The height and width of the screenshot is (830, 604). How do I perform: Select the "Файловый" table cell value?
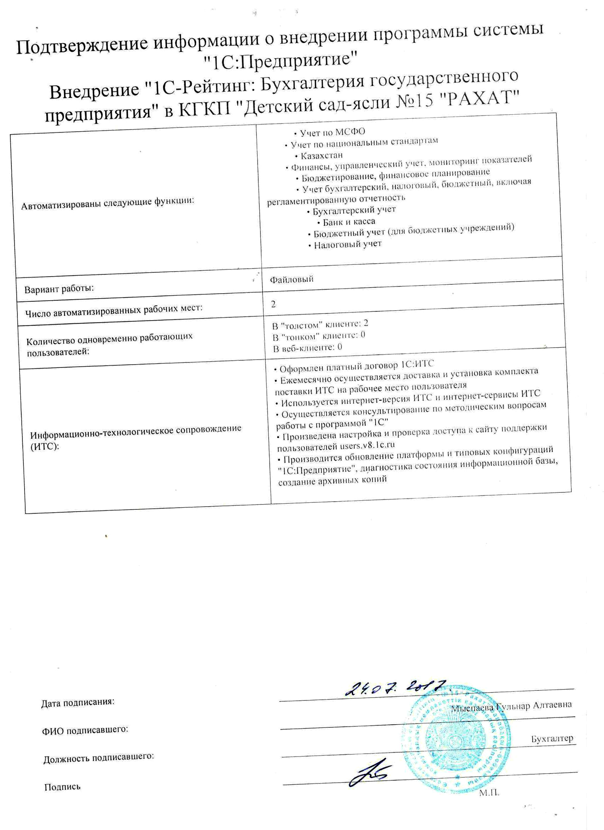[x=292, y=279]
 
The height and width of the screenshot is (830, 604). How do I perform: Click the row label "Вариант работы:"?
[x=59, y=288]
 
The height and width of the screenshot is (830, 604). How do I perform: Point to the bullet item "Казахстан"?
[x=321, y=155]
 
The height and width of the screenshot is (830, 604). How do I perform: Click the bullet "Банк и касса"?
[x=348, y=222]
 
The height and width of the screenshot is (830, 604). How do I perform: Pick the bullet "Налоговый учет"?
[x=347, y=244]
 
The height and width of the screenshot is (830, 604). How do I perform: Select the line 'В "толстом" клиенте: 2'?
[x=320, y=324]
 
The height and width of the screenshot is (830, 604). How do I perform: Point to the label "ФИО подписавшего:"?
[x=85, y=730]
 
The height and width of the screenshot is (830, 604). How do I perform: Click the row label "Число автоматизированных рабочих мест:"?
[x=114, y=310]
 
